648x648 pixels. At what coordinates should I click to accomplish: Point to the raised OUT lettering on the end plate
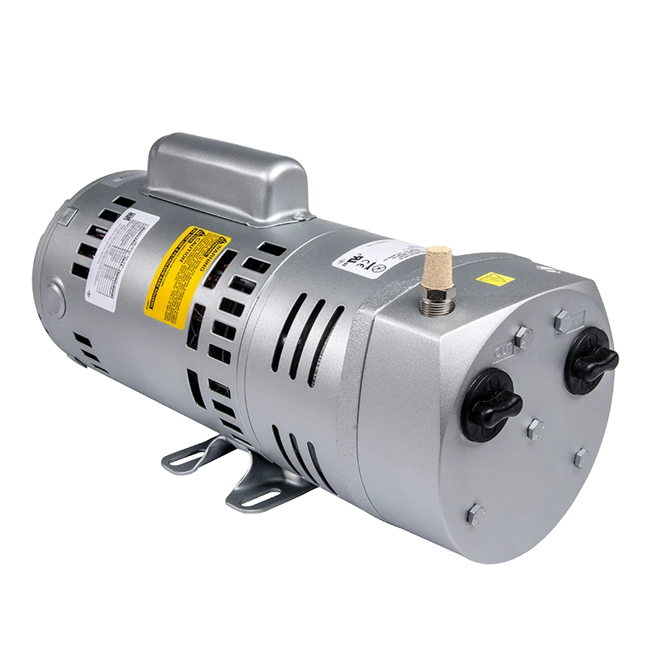point(502,349)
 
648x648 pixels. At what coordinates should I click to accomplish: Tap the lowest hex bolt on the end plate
point(476,513)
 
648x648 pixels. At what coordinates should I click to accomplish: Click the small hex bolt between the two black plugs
point(535,427)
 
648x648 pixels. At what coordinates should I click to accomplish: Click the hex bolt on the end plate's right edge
point(581,459)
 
